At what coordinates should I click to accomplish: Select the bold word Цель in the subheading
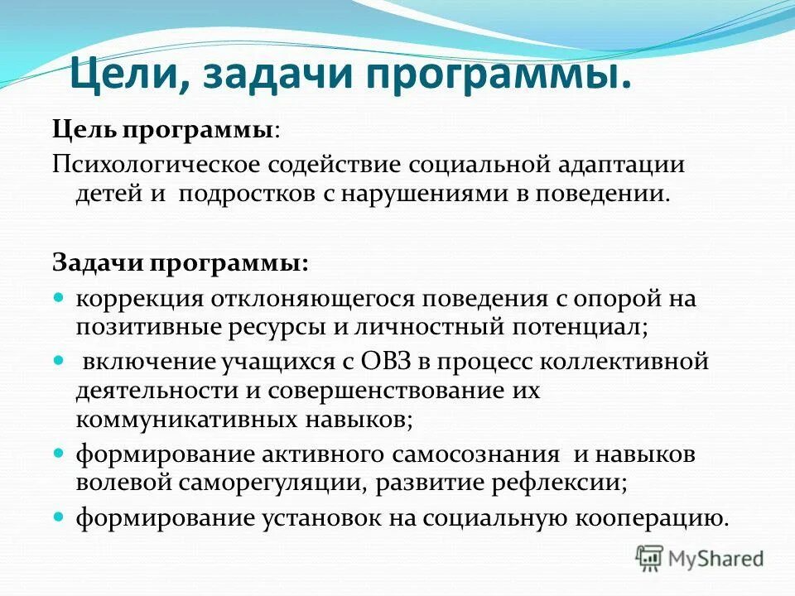point(85,130)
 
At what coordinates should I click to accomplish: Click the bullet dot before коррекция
point(59,296)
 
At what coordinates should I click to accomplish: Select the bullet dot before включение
point(59,360)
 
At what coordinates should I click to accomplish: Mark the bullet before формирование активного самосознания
point(59,454)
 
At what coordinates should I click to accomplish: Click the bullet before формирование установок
point(59,517)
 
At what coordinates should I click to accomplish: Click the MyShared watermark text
point(716,559)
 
